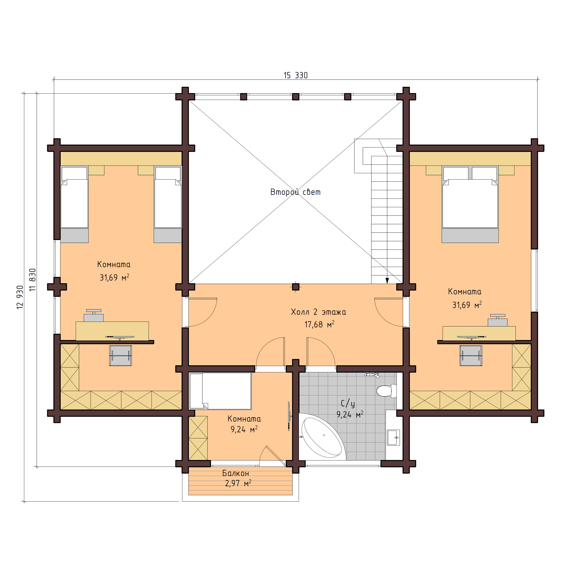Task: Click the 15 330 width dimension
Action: pos(295,75)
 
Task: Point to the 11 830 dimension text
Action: pos(32,280)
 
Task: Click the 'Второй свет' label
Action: pos(295,192)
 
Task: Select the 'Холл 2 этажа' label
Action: pos(318,312)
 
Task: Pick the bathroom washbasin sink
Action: pos(393,437)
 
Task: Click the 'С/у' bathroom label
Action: pos(348,403)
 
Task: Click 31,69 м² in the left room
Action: pos(114,278)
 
